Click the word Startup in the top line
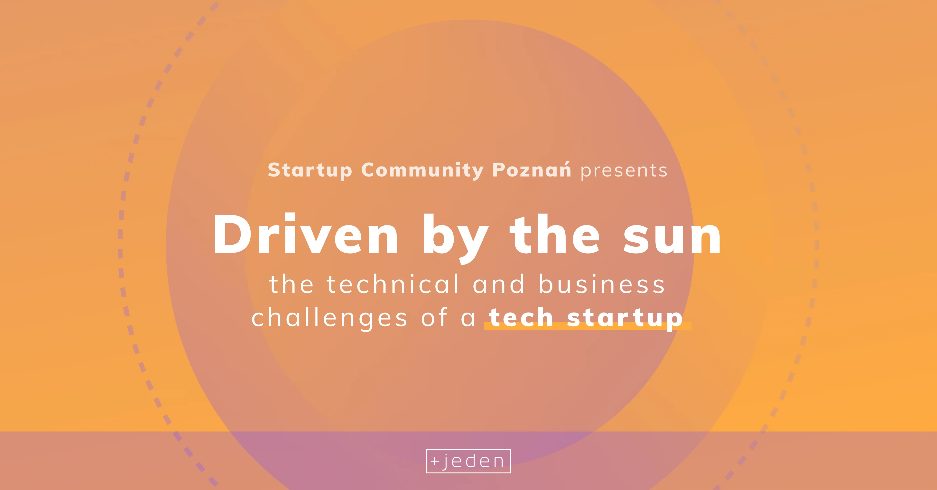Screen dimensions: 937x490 point(310,170)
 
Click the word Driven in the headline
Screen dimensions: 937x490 point(306,235)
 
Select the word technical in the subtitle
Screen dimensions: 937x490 point(393,284)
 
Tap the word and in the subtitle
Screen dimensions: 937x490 point(499,284)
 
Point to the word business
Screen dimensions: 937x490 point(602,284)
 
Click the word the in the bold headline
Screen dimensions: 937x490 point(555,235)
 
